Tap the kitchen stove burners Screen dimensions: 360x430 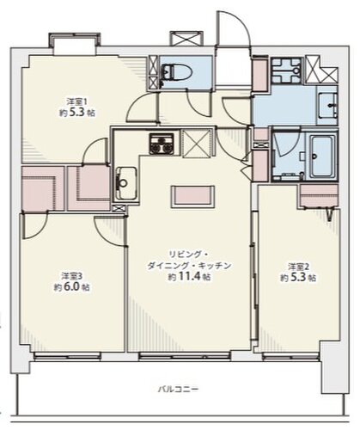click(x=162, y=144)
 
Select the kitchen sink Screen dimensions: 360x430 click(x=126, y=183)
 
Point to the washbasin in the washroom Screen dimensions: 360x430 click(x=328, y=105)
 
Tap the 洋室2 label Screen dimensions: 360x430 click(x=298, y=267)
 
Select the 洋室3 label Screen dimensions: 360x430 click(x=72, y=276)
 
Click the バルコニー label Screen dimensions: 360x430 click(x=179, y=390)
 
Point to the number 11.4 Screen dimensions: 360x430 click(x=189, y=277)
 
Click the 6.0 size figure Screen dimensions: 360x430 click(x=71, y=287)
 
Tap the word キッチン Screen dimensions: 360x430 click(x=215, y=266)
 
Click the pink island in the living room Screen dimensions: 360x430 click(x=192, y=197)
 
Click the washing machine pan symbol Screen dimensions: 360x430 click(x=286, y=71)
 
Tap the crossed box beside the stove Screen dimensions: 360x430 click(x=197, y=143)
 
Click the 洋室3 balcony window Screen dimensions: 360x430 click(x=68, y=356)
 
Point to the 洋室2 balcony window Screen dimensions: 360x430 click(x=291, y=356)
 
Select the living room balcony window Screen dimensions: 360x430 click(x=185, y=356)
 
